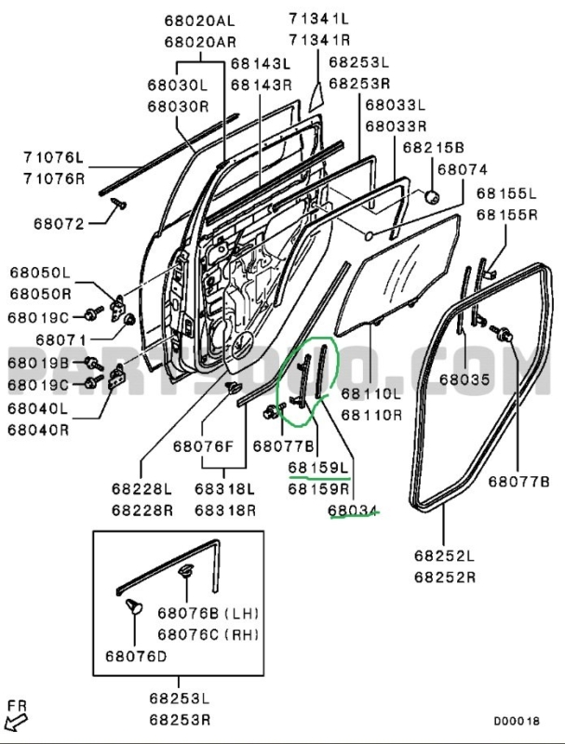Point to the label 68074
[x=462, y=169]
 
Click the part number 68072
[x=60, y=224]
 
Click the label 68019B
[x=38, y=362]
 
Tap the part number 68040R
[x=39, y=430]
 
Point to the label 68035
[x=464, y=379]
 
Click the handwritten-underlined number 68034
[x=353, y=509]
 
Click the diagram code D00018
[x=517, y=720]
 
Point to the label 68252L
[x=444, y=556]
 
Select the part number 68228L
[x=141, y=489]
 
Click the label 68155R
[x=506, y=215]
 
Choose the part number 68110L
[x=370, y=394]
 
